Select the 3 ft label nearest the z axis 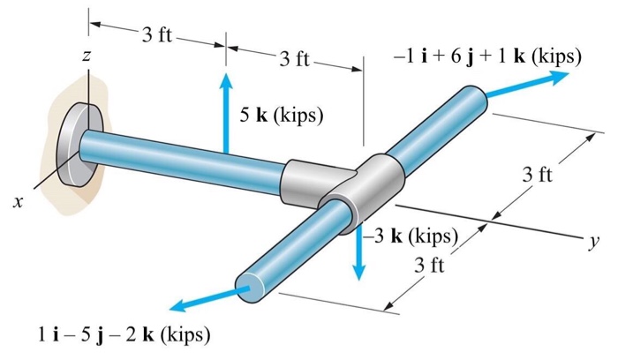click(157, 36)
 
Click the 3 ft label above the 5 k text click(295, 60)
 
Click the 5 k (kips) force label click(282, 116)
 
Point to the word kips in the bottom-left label click(184, 336)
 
